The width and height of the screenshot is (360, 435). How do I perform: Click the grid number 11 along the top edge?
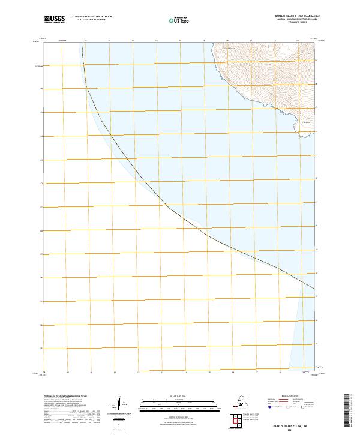pyautogui.click(x=109, y=41)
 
